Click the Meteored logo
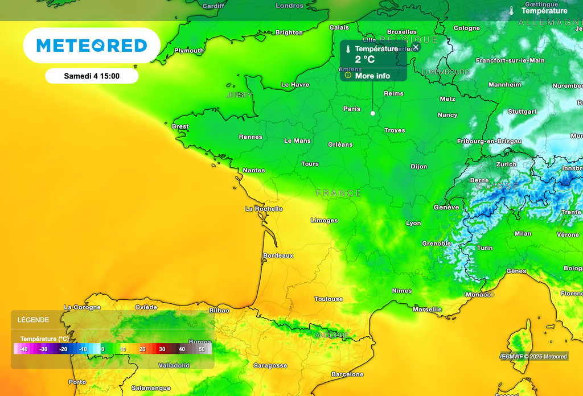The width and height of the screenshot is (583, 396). (x=92, y=46)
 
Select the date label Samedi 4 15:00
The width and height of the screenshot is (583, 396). (x=92, y=76)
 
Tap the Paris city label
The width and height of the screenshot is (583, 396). (x=352, y=109)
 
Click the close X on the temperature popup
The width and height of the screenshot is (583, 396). (x=416, y=47)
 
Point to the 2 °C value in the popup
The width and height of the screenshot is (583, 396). (x=365, y=59)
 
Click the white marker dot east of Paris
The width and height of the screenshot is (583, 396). (x=373, y=113)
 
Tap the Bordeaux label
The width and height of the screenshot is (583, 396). (x=278, y=255)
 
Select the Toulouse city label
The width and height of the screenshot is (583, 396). (x=329, y=299)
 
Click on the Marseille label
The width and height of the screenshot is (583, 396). (x=427, y=310)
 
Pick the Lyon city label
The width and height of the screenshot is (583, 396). (x=413, y=223)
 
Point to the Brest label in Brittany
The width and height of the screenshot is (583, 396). (x=180, y=126)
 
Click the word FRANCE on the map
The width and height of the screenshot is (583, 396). (x=339, y=193)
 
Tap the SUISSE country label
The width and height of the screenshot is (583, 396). (x=498, y=186)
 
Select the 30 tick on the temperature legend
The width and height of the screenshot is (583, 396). (x=162, y=349)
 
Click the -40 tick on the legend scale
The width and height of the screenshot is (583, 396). (x=23, y=349)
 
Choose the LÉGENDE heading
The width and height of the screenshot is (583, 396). (x=33, y=320)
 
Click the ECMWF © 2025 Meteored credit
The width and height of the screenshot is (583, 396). (x=534, y=357)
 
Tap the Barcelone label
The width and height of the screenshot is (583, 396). (x=347, y=374)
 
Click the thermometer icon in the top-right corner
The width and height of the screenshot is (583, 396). (x=512, y=11)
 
